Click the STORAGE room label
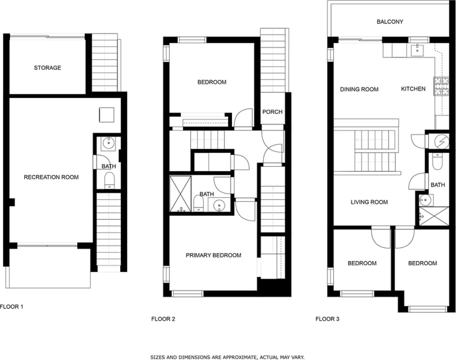tap(47, 68)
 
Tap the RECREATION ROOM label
tap(51, 177)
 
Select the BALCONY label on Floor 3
tap(390, 22)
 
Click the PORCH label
tap(272, 112)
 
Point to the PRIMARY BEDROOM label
tap(213, 256)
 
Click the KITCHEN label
tap(413, 89)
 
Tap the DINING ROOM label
tap(359, 89)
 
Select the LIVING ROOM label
tap(369, 202)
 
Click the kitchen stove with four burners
tap(441, 87)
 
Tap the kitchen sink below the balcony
tap(417, 50)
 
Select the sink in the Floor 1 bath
tap(107, 143)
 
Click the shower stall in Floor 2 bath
tap(180, 194)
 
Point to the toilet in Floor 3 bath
tap(437, 163)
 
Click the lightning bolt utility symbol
tap(442, 141)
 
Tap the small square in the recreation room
tap(106, 115)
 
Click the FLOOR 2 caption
tap(163, 319)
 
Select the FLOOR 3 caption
tap(327, 319)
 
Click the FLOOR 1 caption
tap(11, 307)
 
